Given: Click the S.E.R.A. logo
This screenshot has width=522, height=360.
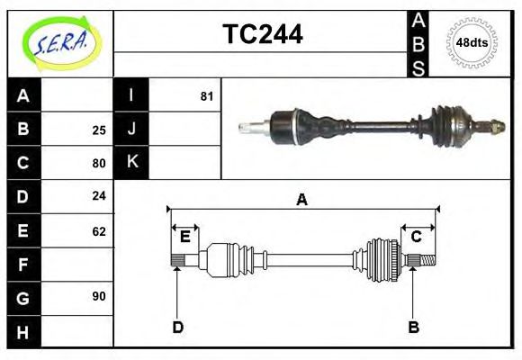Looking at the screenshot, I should pos(60,41).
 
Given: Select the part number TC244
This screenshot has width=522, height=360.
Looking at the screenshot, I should pos(262,34).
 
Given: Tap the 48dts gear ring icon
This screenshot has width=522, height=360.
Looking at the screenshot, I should pos(472,42).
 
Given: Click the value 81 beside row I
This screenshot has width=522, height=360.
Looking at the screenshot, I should pos(207,95).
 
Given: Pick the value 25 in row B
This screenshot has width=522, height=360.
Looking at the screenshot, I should pos(99,130).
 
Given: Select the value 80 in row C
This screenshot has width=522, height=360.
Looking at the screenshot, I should pos(99,163).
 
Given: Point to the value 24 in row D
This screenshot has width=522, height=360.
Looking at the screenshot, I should pos(99,196).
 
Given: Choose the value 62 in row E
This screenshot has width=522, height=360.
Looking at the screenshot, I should pos(99,230).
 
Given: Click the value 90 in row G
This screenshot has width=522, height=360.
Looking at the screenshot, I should pos(99,296).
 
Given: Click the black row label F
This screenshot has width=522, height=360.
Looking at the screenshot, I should pos(23,265).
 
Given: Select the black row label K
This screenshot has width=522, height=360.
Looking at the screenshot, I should pos(131,163).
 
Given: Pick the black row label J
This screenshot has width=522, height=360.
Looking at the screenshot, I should pos(131,130).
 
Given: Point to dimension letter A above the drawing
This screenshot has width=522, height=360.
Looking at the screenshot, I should pos(302,200).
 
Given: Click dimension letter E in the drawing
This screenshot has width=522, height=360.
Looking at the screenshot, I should pos(184,237).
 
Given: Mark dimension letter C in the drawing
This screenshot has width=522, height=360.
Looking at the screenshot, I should pos(417,237).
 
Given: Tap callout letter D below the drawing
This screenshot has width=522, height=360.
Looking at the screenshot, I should pos(177,327).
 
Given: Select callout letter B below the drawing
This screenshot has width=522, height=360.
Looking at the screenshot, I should pos(413,327).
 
